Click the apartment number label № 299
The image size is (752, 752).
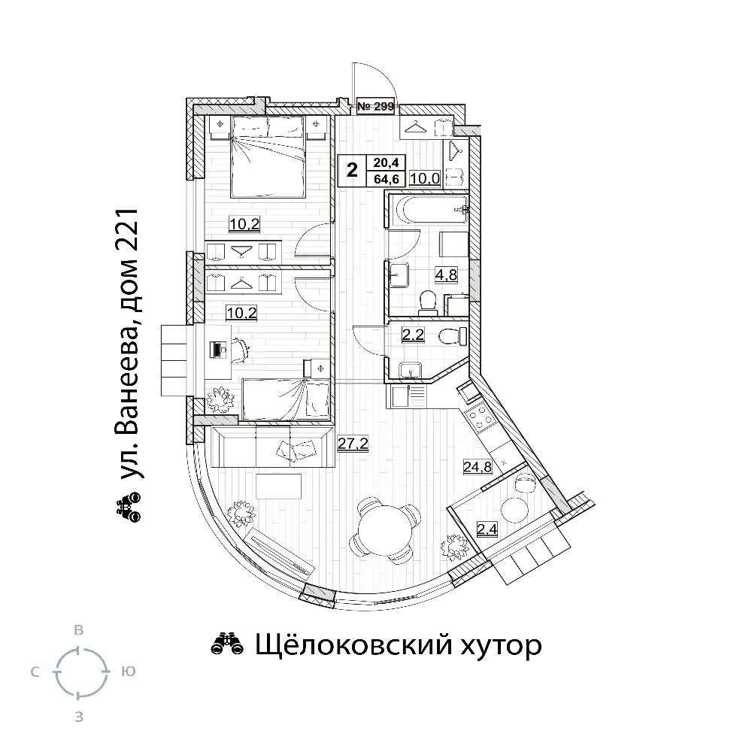375,106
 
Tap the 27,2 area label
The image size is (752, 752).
353,444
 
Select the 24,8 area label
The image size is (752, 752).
478,466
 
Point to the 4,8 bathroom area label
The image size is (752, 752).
446,274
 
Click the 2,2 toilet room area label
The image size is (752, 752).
413,335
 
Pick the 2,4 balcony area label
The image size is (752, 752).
487,529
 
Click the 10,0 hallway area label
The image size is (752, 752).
425,178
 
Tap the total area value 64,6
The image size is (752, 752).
387,180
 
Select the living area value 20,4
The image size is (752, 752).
387,162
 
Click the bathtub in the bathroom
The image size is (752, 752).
428,210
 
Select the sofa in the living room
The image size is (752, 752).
272,446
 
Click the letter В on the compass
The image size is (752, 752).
79,630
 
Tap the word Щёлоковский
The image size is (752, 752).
353,646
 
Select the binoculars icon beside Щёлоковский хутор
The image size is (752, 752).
228,644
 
